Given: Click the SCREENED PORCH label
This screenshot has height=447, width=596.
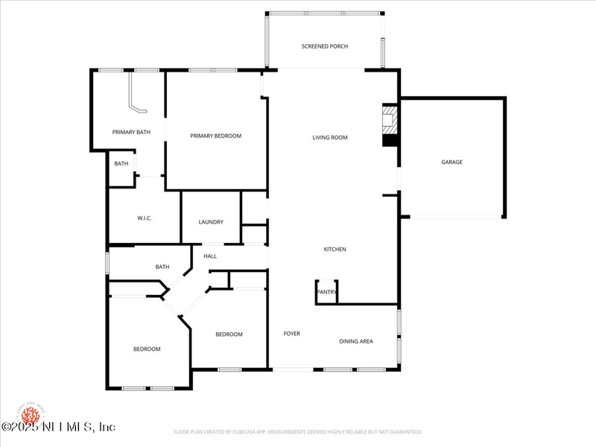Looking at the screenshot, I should (x=324, y=46).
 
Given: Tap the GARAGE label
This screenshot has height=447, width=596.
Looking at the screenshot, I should (x=451, y=162).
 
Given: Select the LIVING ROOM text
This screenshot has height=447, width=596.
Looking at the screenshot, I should (x=329, y=137).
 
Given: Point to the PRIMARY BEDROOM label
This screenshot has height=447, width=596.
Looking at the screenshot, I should (x=215, y=136).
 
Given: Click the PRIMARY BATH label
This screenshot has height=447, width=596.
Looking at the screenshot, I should (x=131, y=132).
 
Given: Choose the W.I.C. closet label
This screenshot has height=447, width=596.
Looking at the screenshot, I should (x=145, y=218).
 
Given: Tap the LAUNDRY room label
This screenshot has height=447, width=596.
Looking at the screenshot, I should (x=211, y=222).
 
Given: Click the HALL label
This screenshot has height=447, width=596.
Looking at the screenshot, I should (x=210, y=256).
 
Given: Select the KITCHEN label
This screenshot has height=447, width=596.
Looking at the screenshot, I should (x=335, y=249).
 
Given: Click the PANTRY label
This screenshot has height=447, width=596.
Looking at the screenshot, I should (x=326, y=291).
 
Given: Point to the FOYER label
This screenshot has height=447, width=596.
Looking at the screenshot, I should (x=291, y=333).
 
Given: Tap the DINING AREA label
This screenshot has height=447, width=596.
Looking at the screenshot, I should (x=356, y=341).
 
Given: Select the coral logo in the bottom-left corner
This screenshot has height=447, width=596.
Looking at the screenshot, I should (x=30, y=413).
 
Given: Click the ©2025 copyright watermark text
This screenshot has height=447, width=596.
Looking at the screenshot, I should (x=58, y=427).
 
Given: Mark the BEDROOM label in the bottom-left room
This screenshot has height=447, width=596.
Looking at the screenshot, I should (x=147, y=349).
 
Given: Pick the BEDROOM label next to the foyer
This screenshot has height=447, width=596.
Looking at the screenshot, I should (x=229, y=334).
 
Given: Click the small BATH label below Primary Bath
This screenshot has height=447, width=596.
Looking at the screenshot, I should (x=121, y=163).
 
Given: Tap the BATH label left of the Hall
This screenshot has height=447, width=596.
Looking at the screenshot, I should (x=162, y=267).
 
